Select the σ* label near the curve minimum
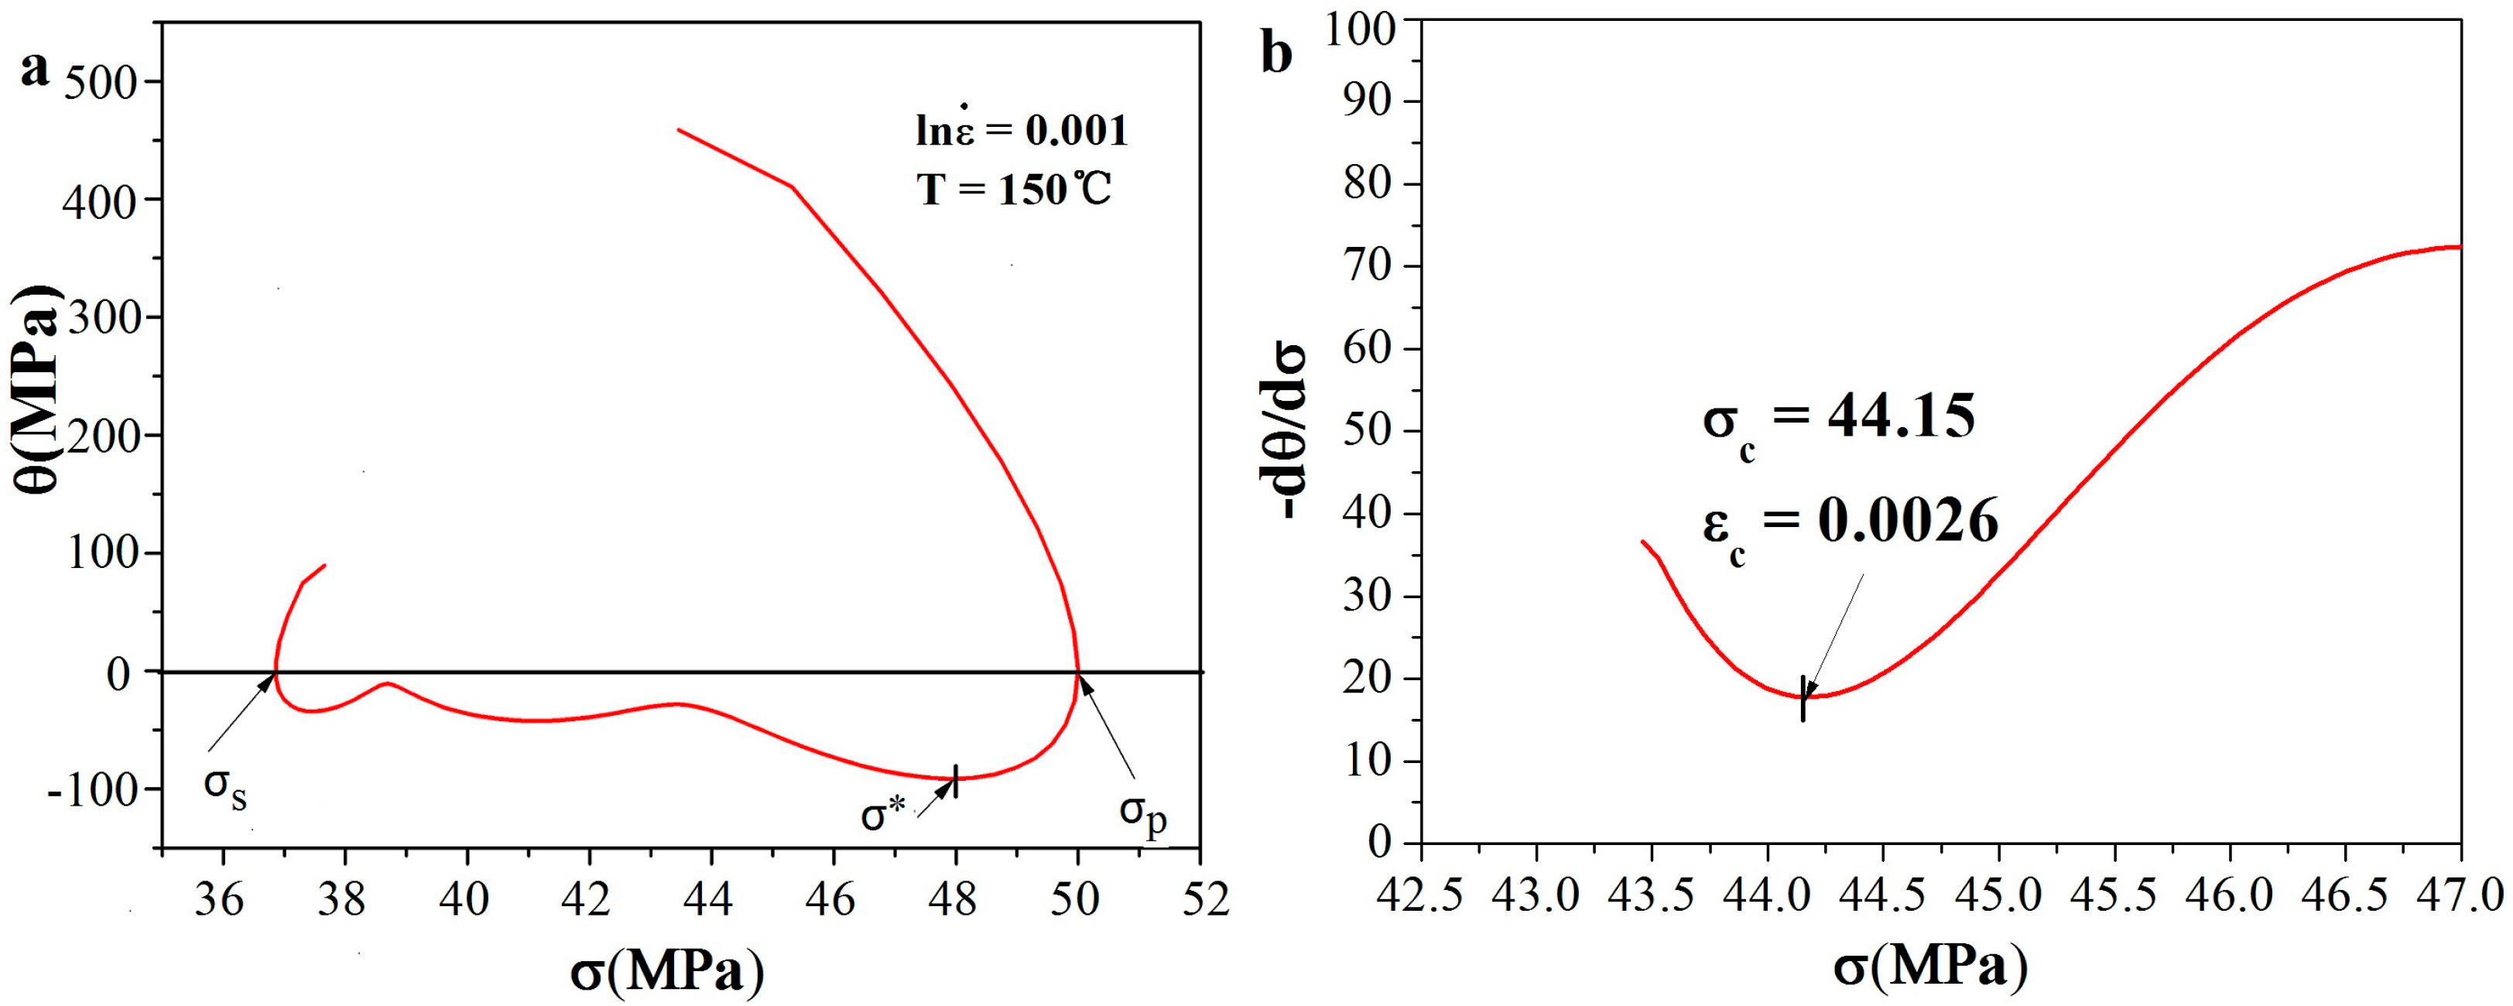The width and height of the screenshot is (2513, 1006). click(x=884, y=814)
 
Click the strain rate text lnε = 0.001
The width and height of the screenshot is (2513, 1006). click(x=1022, y=130)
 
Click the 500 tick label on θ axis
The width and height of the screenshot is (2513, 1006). click(x=102, y=82)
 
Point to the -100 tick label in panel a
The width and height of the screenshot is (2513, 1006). click(x=93, y=789)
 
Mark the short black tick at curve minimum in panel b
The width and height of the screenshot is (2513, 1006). click(x=1803, y=699)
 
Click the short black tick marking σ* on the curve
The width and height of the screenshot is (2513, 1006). click(x=956, y=781)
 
